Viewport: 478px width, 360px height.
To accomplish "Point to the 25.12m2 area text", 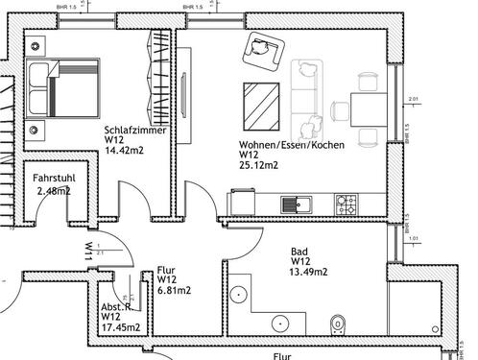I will point(259,165).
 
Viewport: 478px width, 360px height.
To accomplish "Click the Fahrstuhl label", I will point(54,179).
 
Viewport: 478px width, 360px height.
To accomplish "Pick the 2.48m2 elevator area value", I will point(54,191).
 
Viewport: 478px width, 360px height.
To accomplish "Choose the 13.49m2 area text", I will point(310,272).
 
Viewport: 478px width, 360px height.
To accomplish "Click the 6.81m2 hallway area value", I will point(173,289).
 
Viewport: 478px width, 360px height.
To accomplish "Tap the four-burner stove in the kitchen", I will point(346,204).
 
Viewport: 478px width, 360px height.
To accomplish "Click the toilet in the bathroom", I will point(337,324).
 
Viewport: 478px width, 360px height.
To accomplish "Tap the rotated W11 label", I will point(88,252).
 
